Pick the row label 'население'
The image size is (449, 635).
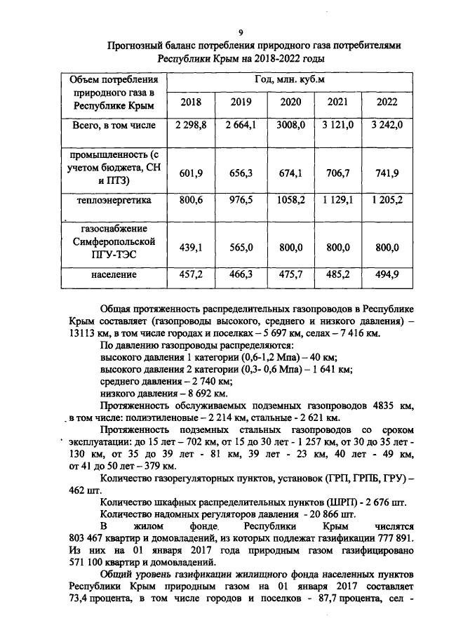[116, 274]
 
